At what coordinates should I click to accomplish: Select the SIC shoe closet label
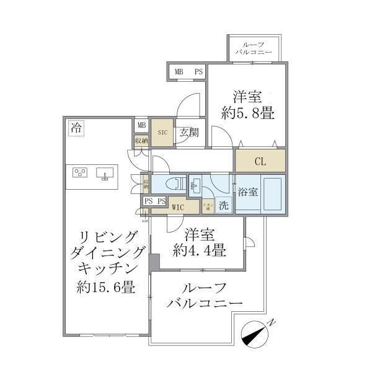(162, 131)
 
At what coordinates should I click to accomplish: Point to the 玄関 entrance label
(189, 131)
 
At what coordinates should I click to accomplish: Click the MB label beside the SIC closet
(141, 125)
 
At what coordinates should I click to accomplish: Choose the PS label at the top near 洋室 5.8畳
(198, 73)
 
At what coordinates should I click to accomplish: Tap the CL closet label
(260, 161)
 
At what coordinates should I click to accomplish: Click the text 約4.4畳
(198, 251)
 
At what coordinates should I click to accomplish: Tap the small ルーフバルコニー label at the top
(254, 49)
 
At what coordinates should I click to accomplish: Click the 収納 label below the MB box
(141, 141)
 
